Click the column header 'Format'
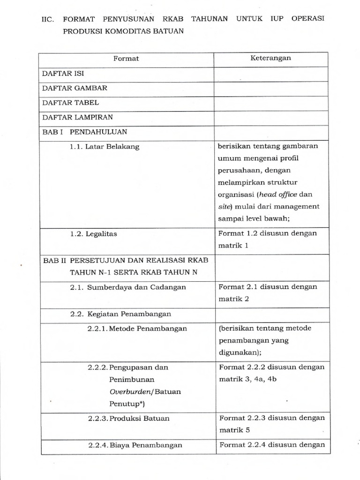[126, 59]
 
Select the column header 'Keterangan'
[270, 58]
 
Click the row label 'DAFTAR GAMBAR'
[75, 88]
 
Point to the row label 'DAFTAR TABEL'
[71, 102]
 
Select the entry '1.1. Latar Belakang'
[105, 147]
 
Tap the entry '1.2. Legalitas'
[96, 233]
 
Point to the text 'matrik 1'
[233, 245]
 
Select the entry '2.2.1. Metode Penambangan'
[137, 329]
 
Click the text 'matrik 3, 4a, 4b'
[248, 379]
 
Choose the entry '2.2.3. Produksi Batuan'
[128, 418]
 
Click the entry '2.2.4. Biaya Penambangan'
[135, 445]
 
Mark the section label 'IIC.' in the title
[49, 19]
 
